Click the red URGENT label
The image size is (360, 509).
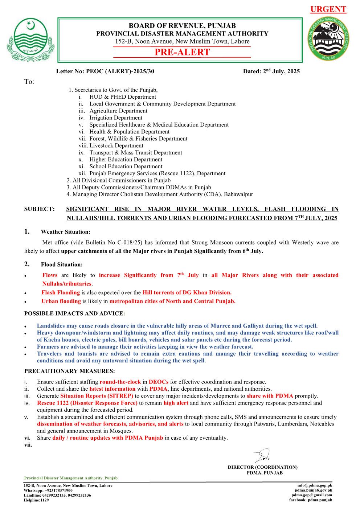coord(328,9)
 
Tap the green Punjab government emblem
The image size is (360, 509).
coord(30,40)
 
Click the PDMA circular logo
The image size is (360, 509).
coord(328,39)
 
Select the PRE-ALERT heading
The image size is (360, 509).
coord(182,52)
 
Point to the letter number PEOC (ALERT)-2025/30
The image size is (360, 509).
coord(120,71)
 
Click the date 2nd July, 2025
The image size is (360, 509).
coord(281,71)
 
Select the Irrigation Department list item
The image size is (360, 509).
coord(116,118)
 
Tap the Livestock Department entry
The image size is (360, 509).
coord(116,146)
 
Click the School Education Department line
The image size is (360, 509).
coord(126,167)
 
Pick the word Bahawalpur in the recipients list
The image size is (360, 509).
coord(238,194)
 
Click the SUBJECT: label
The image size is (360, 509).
coord(40,209)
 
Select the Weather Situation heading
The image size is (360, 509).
coord(66,232)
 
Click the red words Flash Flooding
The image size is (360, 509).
coord(61,292)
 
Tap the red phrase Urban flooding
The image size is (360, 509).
coord(61,301)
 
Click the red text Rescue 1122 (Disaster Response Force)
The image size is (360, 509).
coord(87,403)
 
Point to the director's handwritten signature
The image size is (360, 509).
coord(262,455)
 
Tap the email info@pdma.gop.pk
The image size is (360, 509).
coord(315,485)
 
